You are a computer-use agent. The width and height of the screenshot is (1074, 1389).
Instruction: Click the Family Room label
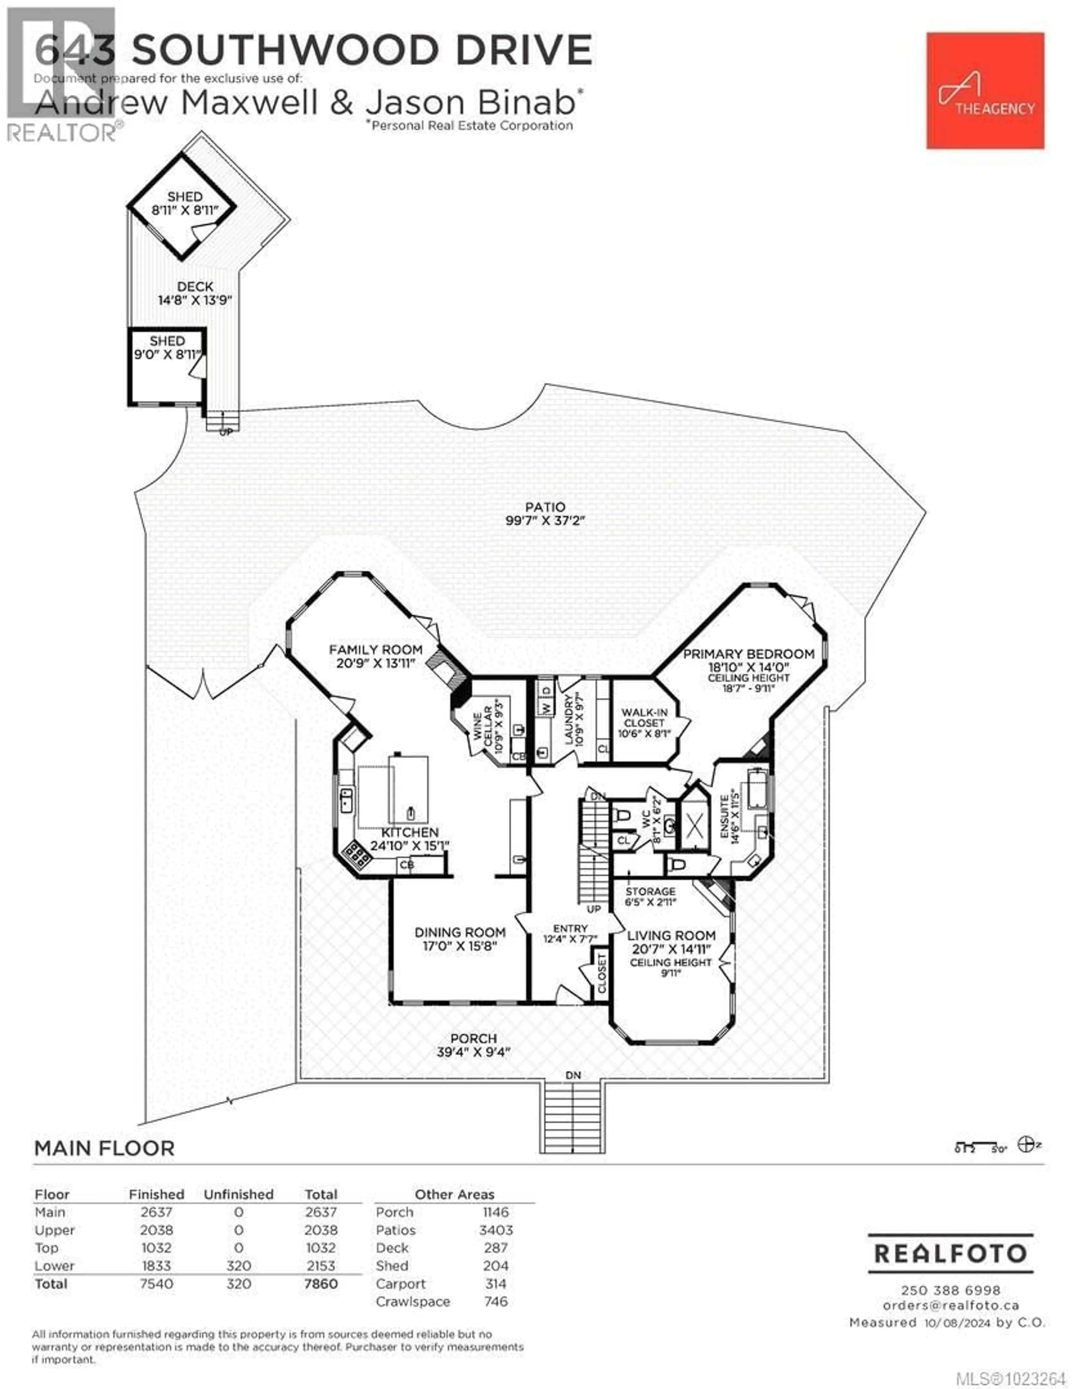[375, 650]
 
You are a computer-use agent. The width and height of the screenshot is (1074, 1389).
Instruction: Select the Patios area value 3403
[496, 1230]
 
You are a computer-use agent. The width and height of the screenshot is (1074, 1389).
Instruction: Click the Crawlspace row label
[412, 1301]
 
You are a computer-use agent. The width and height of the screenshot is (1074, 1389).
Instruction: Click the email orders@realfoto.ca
[951, 1305]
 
